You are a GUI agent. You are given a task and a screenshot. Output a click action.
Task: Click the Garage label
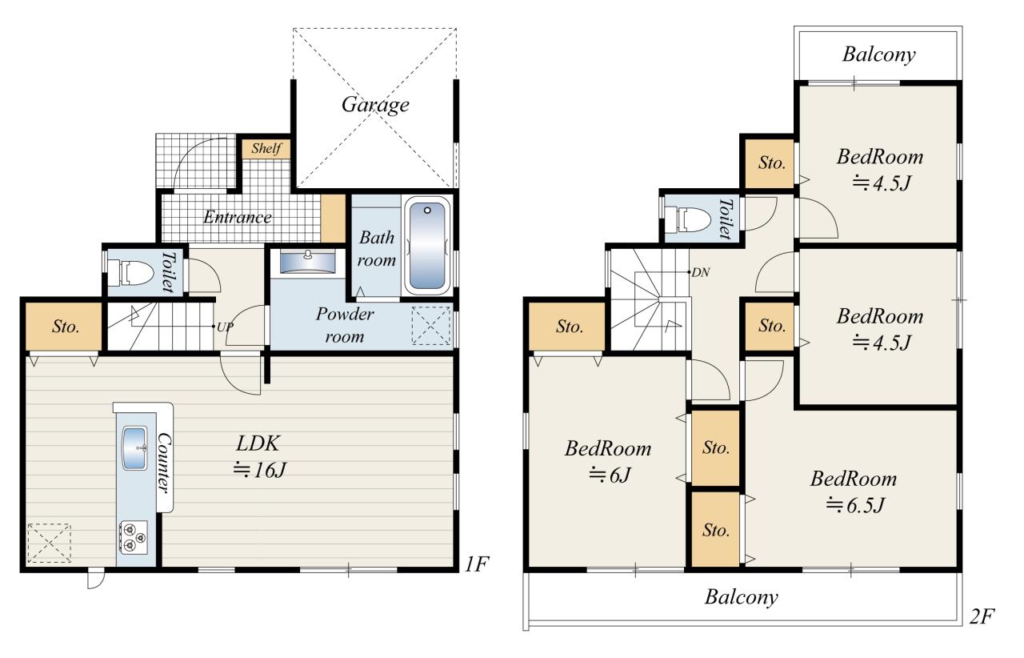pyautogui.click(x=375, y=105)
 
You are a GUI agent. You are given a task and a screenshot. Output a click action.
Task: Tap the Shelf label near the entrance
pyautogui.click(x=266, y=148)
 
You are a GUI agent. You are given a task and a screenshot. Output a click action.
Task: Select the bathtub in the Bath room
pyautogui.click(x=427, y=246)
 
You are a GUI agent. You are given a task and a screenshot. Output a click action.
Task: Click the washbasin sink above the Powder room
pyautogui.click(x=308, y=262)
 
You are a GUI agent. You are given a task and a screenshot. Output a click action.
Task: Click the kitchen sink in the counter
pyautogui.click(x=135, y=448)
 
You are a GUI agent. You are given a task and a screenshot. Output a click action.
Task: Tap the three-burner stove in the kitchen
pyautogui.click(x=134, y=537)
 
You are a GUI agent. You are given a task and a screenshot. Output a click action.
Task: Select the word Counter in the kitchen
pyautogui.click(x=164, y=463)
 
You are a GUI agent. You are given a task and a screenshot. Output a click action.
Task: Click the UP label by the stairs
pyautogui.click(x=225, y=327)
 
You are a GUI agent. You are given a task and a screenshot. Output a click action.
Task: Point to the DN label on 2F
pyautogui.click(x=700, y=273)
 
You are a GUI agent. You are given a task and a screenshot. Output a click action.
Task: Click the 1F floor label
pyautogui.click(x=477, y=564)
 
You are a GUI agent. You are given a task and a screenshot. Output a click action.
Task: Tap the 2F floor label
pyautogui.click(x=982, y=616)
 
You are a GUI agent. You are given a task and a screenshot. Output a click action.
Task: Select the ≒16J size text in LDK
pyautogui.click(x=259, y=470)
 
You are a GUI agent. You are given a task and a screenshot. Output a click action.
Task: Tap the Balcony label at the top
pyautogui.click(x=878, y=54)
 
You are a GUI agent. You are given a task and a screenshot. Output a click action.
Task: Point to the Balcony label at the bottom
pyautogui.click(x=741, y=597)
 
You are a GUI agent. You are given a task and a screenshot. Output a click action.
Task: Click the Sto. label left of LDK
pyautogui.click(x=66, y=327)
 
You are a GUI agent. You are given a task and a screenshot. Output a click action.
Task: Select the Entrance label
pyautogui.click(x=238, y=217)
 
